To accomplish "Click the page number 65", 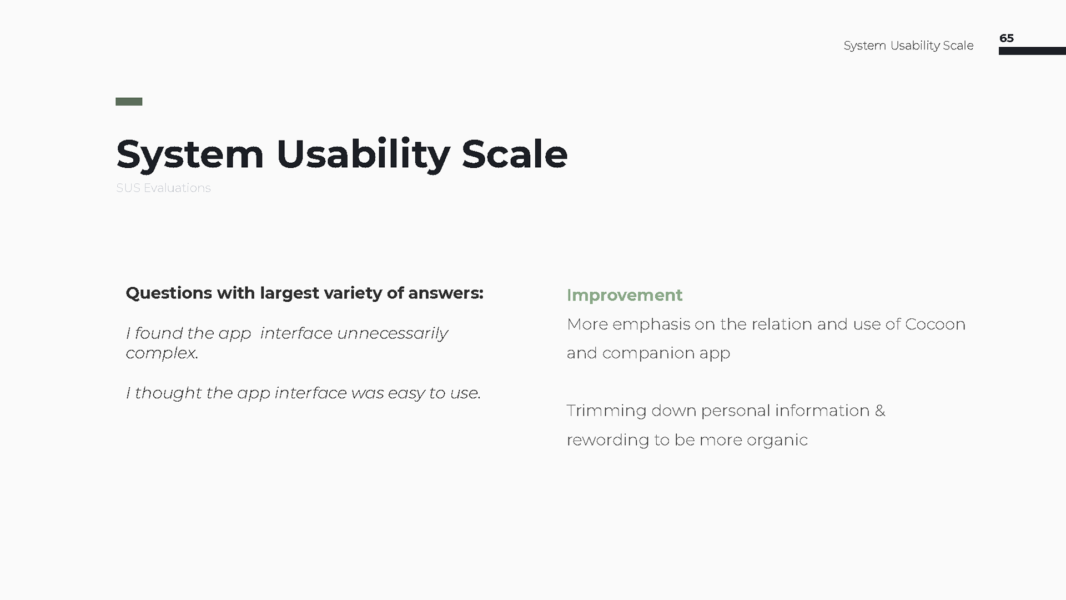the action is tap(1007, 38).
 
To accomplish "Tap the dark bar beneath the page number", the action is tap(1032, 51).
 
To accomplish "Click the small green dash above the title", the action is tap(129, 102).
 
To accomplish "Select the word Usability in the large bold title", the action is tap(363, 155).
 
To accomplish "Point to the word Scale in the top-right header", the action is tap(958, 46).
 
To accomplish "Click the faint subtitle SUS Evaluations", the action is tap(163, 188).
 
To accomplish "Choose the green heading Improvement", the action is tap(625, 296).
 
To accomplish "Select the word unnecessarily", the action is tap(393, 333).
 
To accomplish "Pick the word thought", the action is tap(168, 393).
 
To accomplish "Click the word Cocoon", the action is tap(936, 324).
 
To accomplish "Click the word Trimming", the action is tap(607, 412).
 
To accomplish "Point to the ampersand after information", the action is tap(880, 411).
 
